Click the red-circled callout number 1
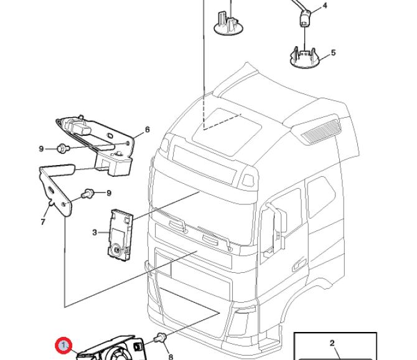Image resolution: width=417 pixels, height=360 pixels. (x=63, y=344)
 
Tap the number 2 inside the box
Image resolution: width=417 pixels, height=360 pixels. (x=332, y=343)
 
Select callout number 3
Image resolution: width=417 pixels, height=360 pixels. (x=95, y=232)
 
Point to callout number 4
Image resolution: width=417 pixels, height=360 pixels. (x=324, y=6)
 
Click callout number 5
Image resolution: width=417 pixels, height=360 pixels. (x=333, y=52)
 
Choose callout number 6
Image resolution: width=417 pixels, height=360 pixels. (x=148, y=130)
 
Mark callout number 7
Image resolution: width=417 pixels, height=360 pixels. (x=43, y=221)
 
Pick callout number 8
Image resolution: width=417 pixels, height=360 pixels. (x=170, y=357)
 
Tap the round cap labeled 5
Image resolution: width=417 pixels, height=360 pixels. (x=305, y=57)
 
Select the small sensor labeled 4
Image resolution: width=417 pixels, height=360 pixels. (x=305, y=19)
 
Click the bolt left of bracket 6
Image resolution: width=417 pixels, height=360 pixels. (x=62, y=148)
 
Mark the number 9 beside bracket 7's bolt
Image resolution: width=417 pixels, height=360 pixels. (x=108, y=193)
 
